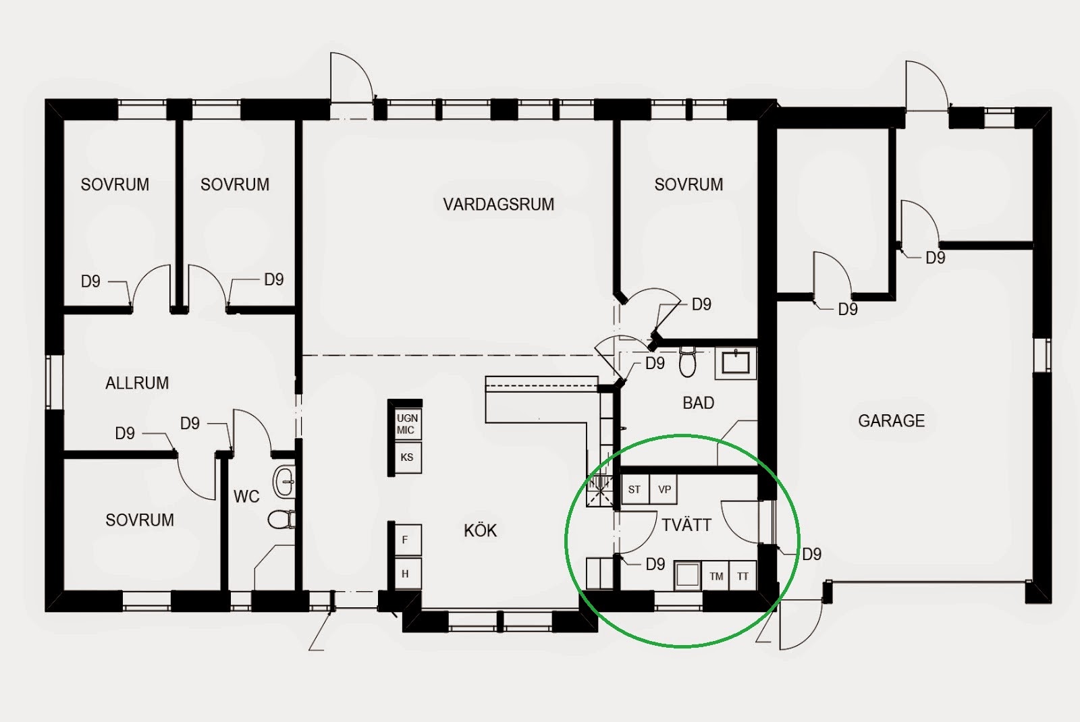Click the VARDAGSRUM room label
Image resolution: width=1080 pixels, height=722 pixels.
(498, 204)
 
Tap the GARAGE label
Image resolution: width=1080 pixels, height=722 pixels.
(891, 421)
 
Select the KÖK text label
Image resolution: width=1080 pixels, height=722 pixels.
(480, 531)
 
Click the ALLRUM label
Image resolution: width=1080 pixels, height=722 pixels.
(137, 383)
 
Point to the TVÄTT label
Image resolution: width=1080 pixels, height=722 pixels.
(686, 526)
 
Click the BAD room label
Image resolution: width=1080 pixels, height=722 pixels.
(698, 404)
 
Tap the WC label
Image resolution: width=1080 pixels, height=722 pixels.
(246, 497)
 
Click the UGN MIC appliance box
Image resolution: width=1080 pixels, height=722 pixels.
(406, 424)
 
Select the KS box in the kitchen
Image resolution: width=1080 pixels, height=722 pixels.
(406, 457)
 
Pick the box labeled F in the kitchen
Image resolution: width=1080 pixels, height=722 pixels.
(406, 540)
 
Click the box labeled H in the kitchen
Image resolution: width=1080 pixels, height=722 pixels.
(406, 574)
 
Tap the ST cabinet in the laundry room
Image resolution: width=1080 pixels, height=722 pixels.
(634, 490)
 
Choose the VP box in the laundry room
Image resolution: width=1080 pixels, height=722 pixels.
(664, 490)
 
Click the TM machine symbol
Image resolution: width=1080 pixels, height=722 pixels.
(716, 576)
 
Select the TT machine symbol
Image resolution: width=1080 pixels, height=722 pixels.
(743, 576)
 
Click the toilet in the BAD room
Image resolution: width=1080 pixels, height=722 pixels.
(687, 362)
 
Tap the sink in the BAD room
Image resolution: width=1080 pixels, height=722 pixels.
(736, 362)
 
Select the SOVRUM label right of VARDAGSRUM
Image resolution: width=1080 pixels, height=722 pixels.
(688, 185)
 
